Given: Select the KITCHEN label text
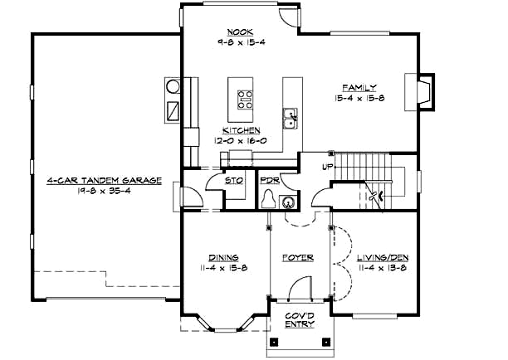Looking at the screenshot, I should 241,130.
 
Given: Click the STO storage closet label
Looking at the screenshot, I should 234,179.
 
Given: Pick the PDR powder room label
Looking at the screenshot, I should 268,179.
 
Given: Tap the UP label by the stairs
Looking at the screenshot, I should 328,167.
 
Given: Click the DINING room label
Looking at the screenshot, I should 223,257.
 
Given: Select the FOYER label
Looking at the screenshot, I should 297,257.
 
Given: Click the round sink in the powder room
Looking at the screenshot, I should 287,200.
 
